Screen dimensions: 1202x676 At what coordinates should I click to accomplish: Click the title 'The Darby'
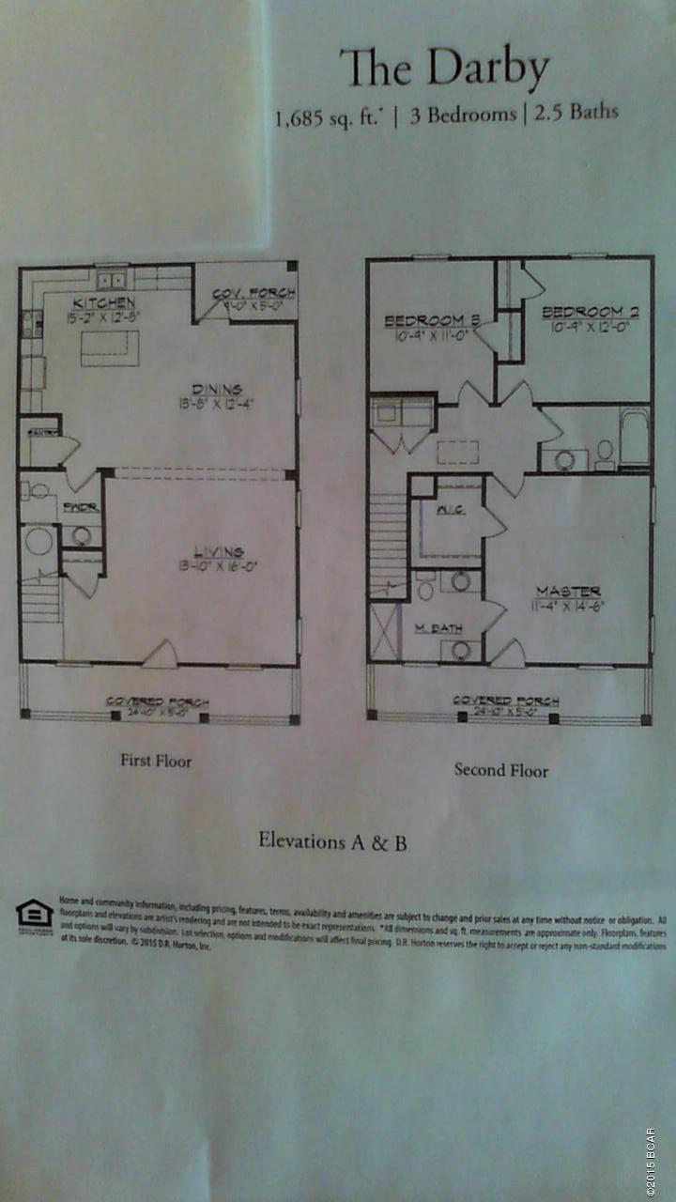444,69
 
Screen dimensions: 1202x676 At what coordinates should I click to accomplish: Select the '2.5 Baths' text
576,113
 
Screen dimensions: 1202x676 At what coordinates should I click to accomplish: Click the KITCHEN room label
105,303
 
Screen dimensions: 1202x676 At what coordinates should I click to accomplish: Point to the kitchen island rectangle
103,347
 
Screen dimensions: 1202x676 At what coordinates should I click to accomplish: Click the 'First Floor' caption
155,761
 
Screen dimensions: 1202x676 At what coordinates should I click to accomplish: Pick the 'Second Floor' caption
501,770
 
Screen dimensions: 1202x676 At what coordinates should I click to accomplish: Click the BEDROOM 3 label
432,321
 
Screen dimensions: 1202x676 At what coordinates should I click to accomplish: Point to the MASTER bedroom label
568,591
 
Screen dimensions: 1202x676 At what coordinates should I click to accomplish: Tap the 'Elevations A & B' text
332,841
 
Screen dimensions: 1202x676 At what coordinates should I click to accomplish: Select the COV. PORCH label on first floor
253,294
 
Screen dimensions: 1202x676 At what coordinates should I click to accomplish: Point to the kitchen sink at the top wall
112,279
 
